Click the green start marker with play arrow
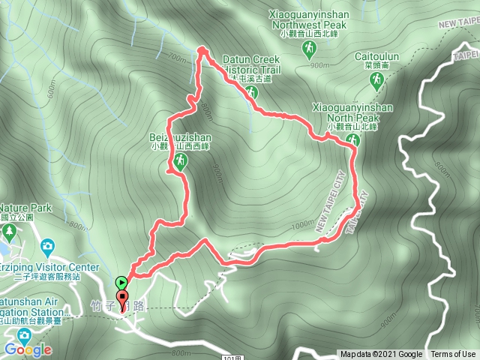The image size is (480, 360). pos(121,283)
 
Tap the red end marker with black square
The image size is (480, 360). pos(122,298)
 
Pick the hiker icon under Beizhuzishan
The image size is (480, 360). pos(179,163)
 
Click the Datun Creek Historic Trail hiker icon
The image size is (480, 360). pos(251,92)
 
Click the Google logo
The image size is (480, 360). pos(27,349)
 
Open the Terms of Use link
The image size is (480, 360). pos(452,355)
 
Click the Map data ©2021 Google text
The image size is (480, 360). pos(381,355)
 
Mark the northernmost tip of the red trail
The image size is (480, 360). pos(201,49)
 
